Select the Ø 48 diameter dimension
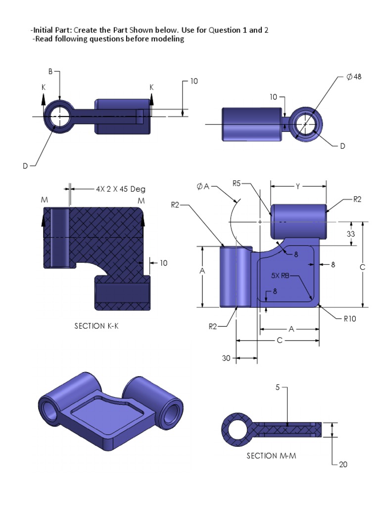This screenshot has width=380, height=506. [354, 77]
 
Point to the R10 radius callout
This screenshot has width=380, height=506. [350, 319]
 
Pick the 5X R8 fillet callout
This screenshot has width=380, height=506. [279, 276]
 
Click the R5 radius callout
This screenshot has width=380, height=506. [236, 184]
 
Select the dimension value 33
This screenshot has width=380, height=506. [351, 234]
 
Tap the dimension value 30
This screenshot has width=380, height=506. [226, 359]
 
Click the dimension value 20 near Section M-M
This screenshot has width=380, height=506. [343, 464]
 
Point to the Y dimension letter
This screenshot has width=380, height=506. [297, 186]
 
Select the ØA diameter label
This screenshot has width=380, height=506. [203, 187]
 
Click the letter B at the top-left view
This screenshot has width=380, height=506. [50, 72]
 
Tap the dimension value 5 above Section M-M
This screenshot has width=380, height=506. [278, 388]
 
